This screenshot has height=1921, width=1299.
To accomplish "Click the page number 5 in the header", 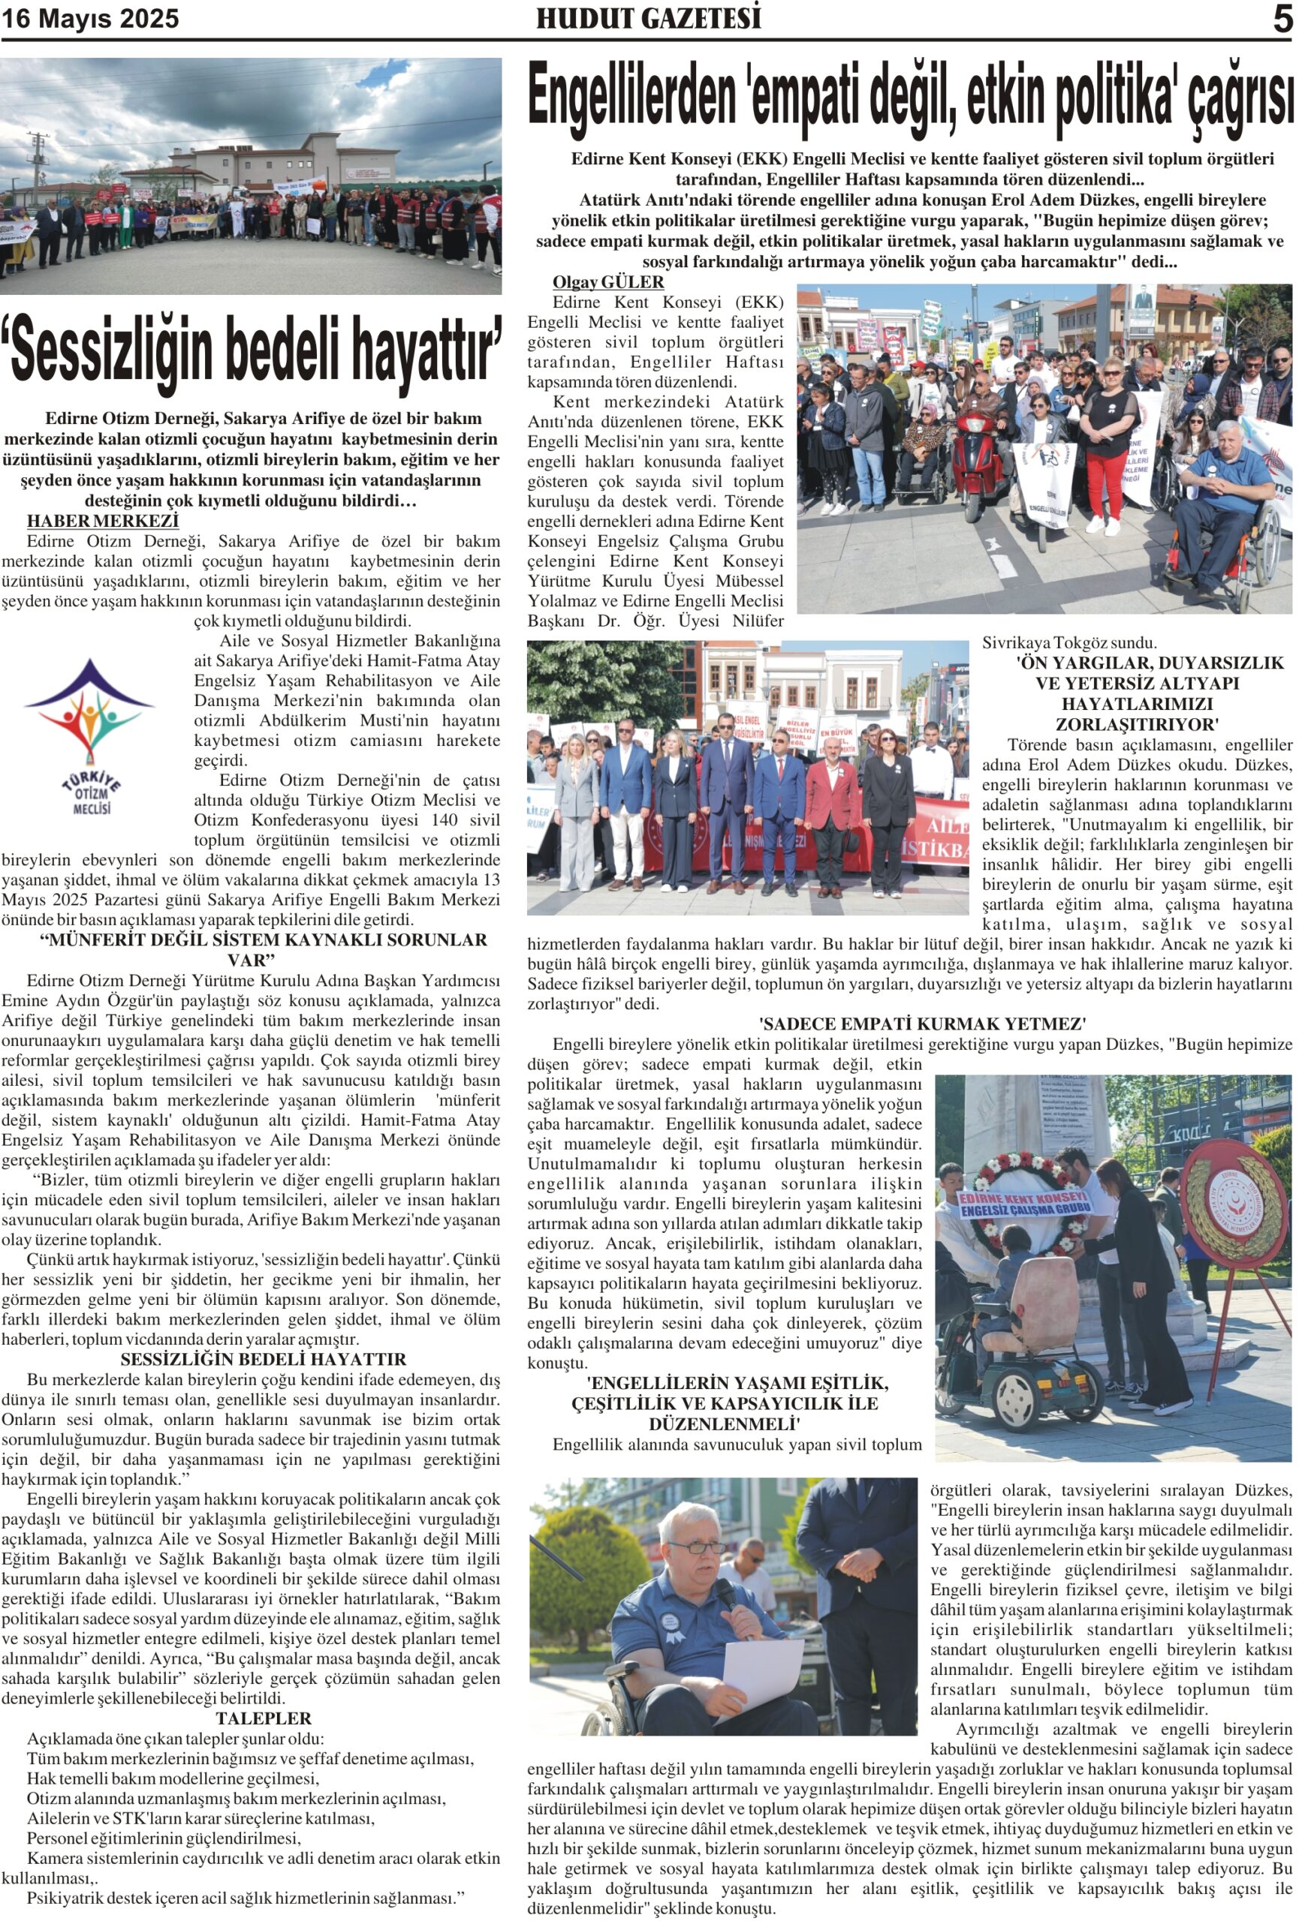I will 1282,19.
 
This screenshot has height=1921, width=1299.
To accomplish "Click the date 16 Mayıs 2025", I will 90,19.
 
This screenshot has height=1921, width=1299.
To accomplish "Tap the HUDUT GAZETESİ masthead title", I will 648,19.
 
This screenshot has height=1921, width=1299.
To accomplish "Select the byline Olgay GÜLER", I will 607,282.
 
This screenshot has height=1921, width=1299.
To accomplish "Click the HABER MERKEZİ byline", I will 103,521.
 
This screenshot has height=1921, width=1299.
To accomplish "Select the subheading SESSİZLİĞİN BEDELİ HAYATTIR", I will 263,1359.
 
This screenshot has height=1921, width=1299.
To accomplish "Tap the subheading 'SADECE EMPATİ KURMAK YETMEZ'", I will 922,1024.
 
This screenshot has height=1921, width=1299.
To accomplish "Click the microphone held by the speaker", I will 725,1595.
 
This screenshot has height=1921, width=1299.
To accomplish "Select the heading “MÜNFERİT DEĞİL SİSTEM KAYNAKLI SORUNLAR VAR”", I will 263,950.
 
